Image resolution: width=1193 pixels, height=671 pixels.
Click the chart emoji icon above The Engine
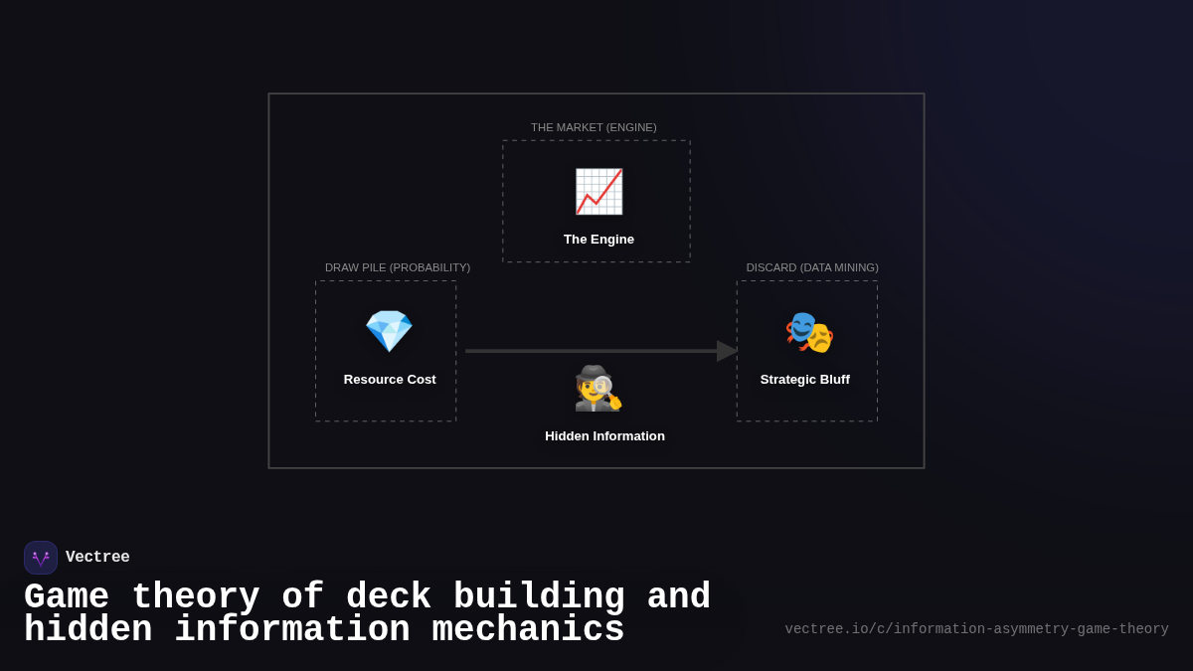click(x=598, y=192)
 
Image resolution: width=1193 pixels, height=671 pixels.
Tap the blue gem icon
click(x=389, y=331)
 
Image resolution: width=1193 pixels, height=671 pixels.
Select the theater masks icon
click(x=809, y=332)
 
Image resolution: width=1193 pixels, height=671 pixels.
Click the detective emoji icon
click(x=597, y=388)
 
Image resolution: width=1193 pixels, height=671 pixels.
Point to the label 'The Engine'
click(x=598, y=240)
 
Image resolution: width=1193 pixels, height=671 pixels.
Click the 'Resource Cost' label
click(x=390, y=380)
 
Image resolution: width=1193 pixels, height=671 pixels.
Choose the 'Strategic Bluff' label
click(x=805, y=380)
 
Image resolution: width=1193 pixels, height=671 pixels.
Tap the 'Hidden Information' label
click(x=604, y=436)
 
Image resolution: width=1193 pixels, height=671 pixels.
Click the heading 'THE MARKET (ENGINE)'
click(x=594, y=127)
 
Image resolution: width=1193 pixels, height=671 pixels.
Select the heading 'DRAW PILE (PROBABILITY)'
click(x=398, y=267)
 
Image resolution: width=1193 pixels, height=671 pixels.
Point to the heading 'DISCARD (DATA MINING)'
click(x=812, y=267)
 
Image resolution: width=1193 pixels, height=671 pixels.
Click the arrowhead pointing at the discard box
click(x=727, y=351)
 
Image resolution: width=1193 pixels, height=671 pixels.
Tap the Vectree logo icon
click(x=41, y=558)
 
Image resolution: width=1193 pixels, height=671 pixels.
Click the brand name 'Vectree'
click(x=97, y=558)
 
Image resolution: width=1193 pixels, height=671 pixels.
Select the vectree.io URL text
click(x=976, y=629)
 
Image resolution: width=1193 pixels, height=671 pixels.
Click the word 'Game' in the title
click(x=67, y=597)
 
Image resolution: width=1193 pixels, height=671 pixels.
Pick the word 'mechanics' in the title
click(x=528, y=630)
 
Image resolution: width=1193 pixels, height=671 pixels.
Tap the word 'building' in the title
click(x=539, y=597)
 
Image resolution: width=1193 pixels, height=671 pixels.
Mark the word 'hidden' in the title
click(x=87, y=630)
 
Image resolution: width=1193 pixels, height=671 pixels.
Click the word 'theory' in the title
click(x=195, y=597)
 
